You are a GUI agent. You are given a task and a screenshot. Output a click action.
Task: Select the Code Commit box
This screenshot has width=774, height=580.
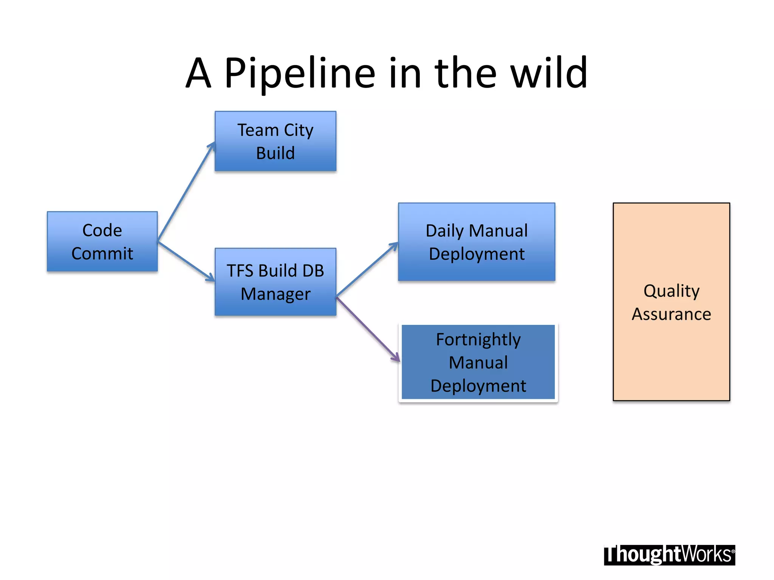point(102,241)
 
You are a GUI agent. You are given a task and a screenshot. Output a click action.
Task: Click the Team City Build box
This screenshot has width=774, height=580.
point(275,141)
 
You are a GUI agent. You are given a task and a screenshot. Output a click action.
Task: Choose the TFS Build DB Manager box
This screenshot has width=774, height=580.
point(275,282)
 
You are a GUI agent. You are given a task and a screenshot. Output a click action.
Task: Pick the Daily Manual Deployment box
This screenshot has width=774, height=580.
point(476,242)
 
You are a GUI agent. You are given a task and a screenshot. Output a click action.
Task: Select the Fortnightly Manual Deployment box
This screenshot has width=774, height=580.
point(478,362)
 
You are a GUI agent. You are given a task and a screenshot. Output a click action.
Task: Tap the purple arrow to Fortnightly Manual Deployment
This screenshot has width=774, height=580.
point(367,329)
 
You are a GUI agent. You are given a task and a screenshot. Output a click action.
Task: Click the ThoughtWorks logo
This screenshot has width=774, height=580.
point(669,555)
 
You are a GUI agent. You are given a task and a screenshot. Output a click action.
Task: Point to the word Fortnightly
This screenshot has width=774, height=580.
point(478,339)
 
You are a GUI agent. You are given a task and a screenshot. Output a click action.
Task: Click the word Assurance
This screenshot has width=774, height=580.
point(671,314)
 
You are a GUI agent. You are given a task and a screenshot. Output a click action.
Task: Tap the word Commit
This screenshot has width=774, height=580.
point(102,253)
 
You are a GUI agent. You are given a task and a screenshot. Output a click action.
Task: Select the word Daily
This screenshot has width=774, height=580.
point(444,231)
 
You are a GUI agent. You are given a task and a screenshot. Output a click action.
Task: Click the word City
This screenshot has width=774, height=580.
point(299,130)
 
